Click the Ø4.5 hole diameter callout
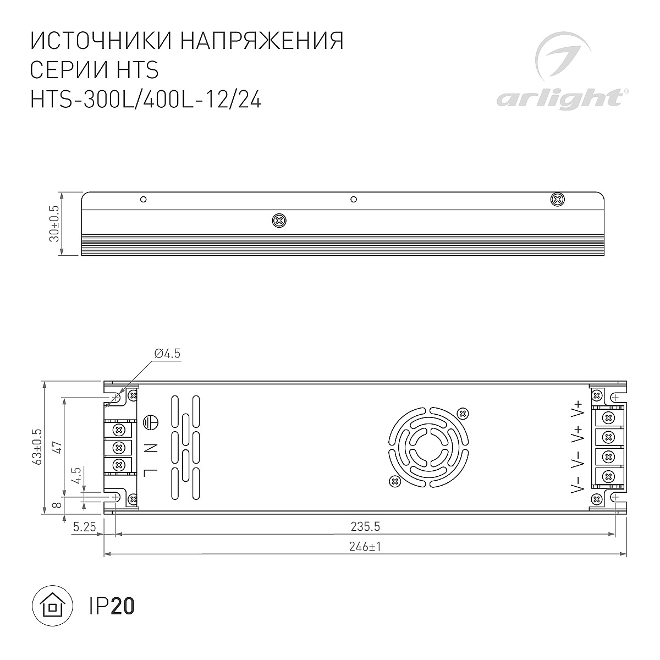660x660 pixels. [x=167, y=354]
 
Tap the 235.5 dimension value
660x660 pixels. [x=365, y=526]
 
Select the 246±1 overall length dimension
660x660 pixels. [x=365, y=547]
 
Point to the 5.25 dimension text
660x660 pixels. [x=84, y=527]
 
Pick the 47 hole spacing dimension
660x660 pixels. [x=57, y=448]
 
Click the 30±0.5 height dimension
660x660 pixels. [x=54, y=224]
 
